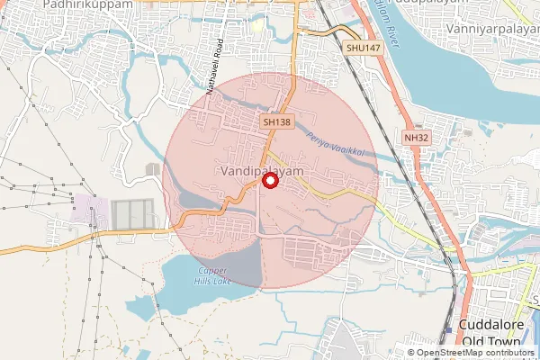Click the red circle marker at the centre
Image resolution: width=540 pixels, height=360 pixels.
pos(268,181)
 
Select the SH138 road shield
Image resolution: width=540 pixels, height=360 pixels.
pos(277,120)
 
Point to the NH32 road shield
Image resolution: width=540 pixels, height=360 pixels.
pos(416,137)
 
